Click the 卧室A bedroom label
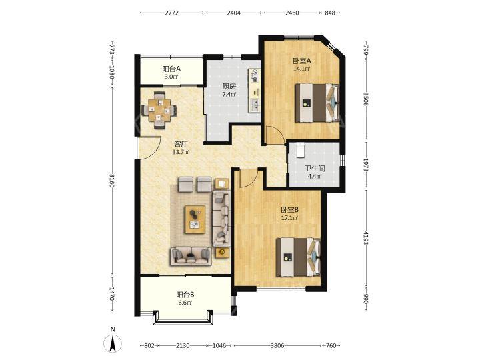coord(302,61)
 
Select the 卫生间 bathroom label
coord(315,169)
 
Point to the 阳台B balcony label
coord(185,295)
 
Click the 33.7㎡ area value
coord(181,152)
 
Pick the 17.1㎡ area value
coord(289,218)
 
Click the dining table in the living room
coord(159,110)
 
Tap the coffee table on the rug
coord(195,220)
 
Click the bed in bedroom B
coord(299,257)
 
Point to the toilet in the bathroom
coord(300,150)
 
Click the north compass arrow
coord(113,343)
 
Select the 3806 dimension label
coord(277,345)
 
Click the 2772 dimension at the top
coord(172,13)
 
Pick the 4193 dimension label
coord(365,237)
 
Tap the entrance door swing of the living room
coord(149,148)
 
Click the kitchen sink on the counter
coord(255,105)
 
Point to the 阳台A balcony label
coord(171,69)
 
